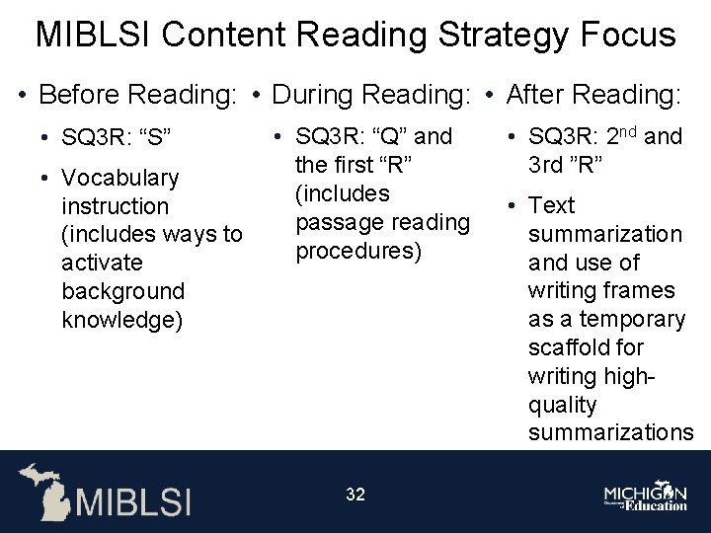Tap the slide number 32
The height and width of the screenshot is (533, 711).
pyautogui.click(x=355, y=495)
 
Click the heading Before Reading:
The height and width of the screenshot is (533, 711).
pyautogui.click(x=137, y=95)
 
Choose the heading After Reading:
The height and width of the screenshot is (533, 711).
pyautogui.click(x=592, y=95)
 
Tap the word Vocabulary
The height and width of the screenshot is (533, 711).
pyautogui.click(x=119, y=178)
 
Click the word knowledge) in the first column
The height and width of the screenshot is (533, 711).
pyautogui.click(x=121, y=320)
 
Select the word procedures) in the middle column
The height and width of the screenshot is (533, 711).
pyautogui.click(x=358, y=251)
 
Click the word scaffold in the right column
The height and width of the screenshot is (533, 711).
pyautogui.click(x=572, y=347)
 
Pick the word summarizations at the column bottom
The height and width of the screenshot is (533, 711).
pyautogui.click(x=610, y=432)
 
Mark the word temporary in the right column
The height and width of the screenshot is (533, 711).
pyautogui.click(x=625, y=319)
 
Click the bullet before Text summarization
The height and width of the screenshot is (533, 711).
pyautogui.click(x=513, y=205)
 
